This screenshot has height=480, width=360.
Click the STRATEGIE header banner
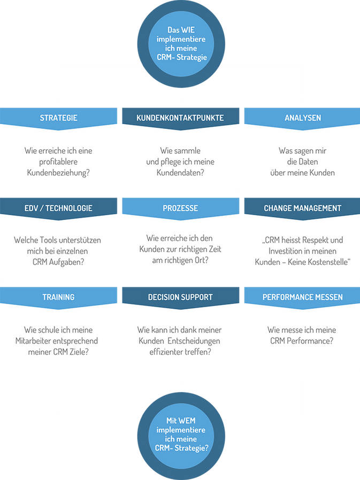pos(59,117)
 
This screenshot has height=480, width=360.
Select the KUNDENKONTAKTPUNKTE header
pos(180,117)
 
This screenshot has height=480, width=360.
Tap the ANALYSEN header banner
pos(303,117)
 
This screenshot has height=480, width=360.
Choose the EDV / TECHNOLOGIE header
pos(59,208)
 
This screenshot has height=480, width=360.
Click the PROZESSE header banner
pos(180,208)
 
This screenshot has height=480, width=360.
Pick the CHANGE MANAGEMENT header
pos(302,208)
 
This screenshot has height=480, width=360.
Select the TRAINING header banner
pos(59,297)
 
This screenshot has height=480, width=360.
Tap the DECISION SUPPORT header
pos(180,297)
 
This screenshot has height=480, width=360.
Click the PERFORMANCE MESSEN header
pos(302,297)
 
